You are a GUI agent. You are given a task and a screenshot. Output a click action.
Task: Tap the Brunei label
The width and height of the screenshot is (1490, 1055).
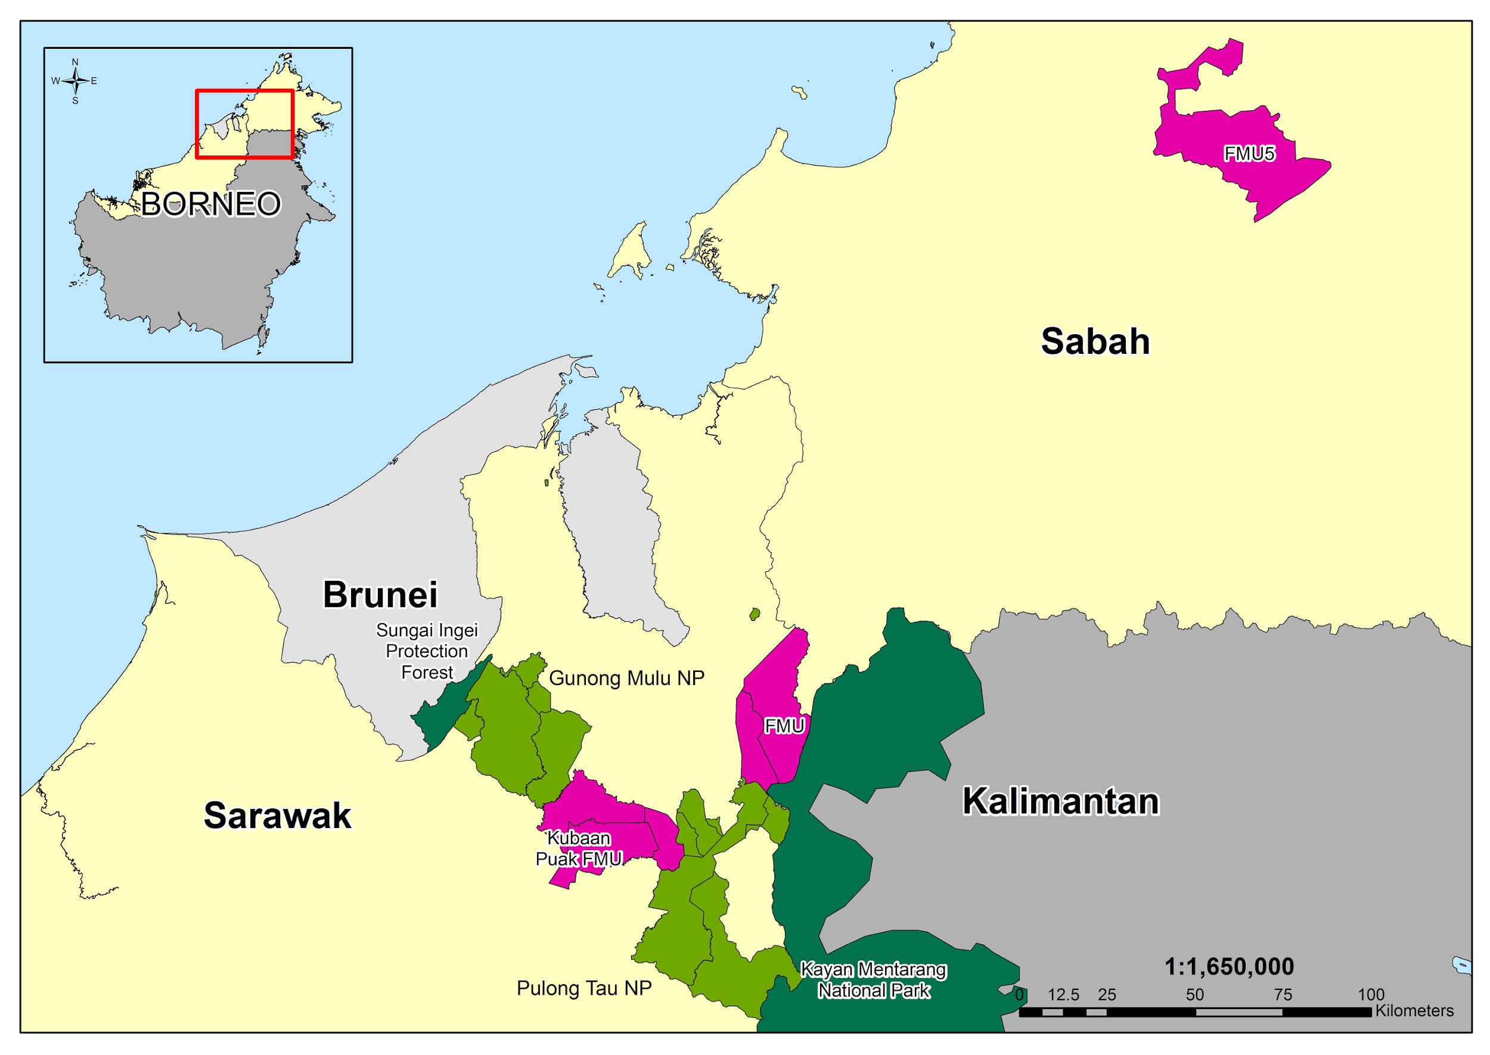[x=380, y=595]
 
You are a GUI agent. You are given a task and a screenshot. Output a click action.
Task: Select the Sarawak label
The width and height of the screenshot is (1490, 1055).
[x=278, y=816]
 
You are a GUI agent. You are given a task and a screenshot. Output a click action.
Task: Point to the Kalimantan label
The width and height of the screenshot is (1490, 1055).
[x=1060, y=802]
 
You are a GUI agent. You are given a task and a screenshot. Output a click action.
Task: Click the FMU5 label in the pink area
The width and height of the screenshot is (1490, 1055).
[x=1249, y=154]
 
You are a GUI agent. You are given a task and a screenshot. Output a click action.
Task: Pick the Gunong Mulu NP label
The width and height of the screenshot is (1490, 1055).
[x=626, y=678]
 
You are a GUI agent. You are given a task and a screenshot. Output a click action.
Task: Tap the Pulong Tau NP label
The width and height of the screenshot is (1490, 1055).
[x=583, y=988]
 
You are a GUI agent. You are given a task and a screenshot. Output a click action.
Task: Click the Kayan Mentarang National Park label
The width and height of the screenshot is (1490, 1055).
[x=873, y=979]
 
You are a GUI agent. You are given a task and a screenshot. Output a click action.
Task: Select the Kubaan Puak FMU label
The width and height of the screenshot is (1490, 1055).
[x=578, y=848]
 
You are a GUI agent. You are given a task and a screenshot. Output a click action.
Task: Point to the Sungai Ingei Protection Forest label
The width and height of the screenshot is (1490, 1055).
[x=427, y=651]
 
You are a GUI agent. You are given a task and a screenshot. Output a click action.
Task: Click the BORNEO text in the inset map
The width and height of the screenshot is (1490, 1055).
[x=210, y=204]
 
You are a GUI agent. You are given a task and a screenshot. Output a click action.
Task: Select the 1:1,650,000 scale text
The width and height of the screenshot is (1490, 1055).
[x=1228, y=967]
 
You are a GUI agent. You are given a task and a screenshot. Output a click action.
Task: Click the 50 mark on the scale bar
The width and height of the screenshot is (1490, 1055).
[x=1194, y=995]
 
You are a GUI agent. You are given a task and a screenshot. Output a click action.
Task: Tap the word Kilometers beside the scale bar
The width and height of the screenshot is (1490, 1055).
[x=1414, y=1011]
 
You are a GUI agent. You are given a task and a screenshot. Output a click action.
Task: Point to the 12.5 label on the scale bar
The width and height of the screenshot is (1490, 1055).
[x=1063, y=995]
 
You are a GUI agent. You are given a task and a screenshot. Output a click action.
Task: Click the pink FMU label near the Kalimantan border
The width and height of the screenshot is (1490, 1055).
[x=784, y=726]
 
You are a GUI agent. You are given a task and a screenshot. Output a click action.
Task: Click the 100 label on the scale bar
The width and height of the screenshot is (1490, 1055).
[x=1370, y=995]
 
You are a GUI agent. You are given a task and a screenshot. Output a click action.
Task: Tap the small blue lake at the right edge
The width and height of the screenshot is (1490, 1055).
[x=1461, y=966]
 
